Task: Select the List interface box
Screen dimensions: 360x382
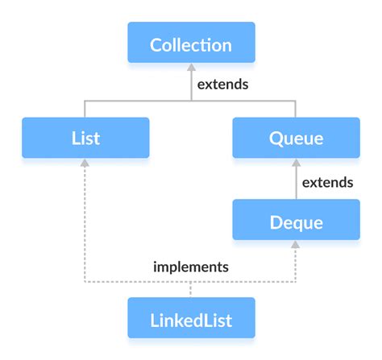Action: point(85,138)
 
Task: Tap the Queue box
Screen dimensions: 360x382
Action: point(296,138)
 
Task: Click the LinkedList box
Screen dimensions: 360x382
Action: point(191,319)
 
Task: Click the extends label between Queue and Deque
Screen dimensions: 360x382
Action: point(327,182)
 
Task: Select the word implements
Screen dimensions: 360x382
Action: point(191,266)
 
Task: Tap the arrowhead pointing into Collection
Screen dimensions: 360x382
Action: point(191,68)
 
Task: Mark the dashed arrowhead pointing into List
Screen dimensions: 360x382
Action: point(85,163)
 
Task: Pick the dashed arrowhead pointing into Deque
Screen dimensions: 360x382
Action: point(296,246)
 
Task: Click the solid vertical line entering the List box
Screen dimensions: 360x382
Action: point(85,109)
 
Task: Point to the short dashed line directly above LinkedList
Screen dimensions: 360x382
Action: point(191,290)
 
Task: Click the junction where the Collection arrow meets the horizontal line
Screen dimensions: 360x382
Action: point(191,101)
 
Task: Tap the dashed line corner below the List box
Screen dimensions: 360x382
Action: point(85,283)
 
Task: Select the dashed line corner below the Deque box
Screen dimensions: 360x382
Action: point(296,283)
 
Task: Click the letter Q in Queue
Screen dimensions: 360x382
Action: point(276,138)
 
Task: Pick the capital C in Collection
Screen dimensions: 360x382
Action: point(156,43)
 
